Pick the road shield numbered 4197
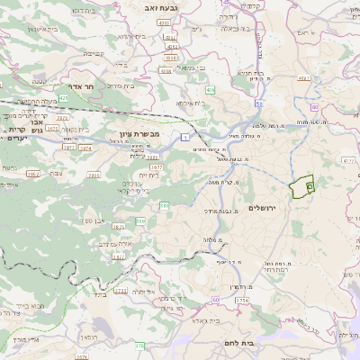[x=303, y=78]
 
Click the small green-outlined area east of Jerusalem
[x=302, y=186]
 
